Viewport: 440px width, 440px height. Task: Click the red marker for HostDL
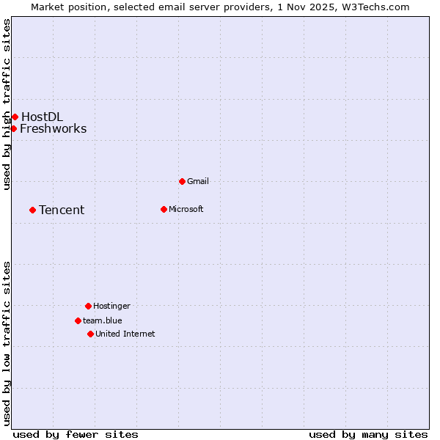(x=15, y=117)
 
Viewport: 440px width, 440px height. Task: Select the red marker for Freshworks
(x=13, y=128)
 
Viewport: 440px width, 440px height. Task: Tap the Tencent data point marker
(x=32, y=210)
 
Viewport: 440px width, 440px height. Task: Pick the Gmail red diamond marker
(x=182, y=181)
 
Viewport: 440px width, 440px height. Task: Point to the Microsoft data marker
(x=164, y=209)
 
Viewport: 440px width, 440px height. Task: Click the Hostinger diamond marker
(x=88, y=306)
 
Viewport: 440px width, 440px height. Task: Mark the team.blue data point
(x=78, y=320)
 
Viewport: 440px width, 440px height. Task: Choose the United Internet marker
(x=90, y=334)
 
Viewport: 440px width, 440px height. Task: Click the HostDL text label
(x=42, y=117)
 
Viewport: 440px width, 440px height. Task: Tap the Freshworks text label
(x=53, y=128)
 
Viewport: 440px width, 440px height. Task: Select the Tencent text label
(x=62, y=210)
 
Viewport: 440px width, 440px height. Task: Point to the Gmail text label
(x=198, y=181)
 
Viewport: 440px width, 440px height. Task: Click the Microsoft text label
(x=186, y=209)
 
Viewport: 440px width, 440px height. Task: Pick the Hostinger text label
(x=111, y=306)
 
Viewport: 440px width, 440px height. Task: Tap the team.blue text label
(x=102, y=320)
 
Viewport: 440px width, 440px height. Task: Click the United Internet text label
(x=125, y=334)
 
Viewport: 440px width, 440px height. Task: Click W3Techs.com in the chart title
(x=374, y=7)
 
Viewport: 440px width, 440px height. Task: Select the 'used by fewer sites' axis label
(x=76, y=434)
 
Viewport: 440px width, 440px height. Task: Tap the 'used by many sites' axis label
(x=368, y=434)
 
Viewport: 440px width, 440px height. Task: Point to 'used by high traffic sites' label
(x=7, y=105)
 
